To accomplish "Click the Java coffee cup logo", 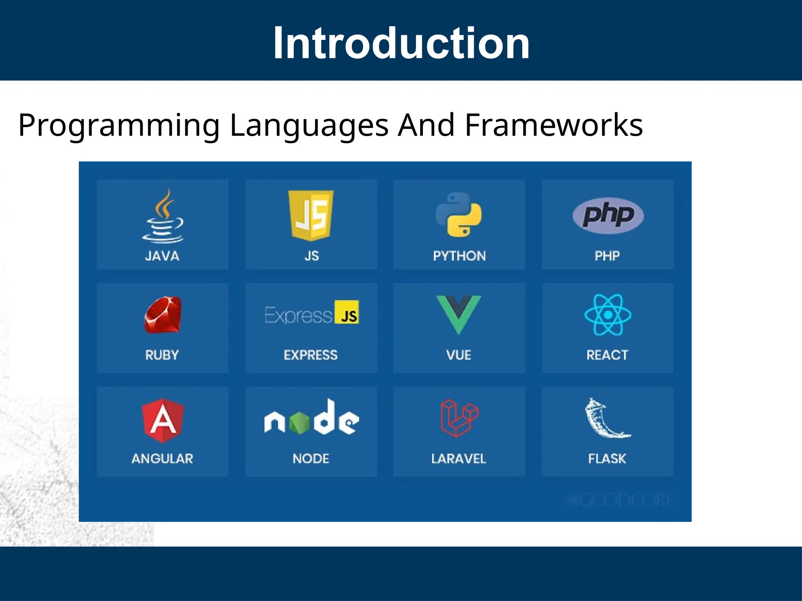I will pos(163,217).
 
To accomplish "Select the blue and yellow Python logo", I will pos(459,215).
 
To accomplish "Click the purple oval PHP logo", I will pos(608,215).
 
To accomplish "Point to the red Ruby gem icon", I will pos(163,315).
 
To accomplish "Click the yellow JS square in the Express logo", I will pos(347,312).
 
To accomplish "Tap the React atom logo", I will pos(608,315).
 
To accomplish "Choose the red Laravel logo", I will pos(459,418).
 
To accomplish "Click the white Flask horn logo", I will pos(606,419).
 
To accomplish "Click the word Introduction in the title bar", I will pos(401,43).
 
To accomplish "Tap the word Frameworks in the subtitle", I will pos(554,125).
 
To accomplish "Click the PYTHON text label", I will pos(459,256).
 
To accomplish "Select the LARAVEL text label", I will pos(459,459).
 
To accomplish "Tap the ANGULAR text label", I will pos(162,459).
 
